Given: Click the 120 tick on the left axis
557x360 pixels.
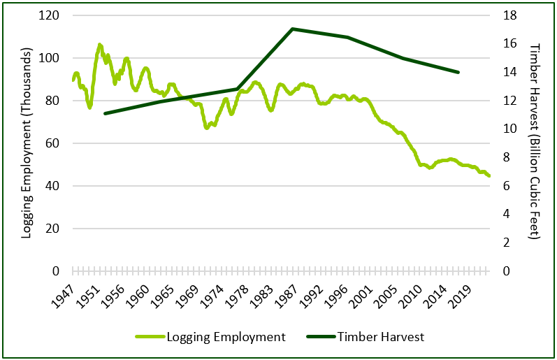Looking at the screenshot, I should point(52,15).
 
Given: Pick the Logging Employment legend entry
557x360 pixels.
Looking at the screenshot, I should point(226,337).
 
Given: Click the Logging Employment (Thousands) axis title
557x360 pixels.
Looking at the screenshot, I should point(26,143).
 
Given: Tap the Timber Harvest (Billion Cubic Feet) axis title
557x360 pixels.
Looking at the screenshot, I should point(535,143).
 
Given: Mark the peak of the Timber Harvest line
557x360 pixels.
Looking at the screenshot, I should point(292,29).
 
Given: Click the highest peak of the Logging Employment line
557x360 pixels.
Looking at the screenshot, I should point(100,45).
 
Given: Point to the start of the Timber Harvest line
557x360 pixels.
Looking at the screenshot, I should point(104,113).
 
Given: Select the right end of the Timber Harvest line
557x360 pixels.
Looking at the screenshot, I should point(458,72).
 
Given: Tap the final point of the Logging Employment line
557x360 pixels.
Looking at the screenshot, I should point(489,175).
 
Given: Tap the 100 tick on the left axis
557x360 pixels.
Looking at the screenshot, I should point(52,58).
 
